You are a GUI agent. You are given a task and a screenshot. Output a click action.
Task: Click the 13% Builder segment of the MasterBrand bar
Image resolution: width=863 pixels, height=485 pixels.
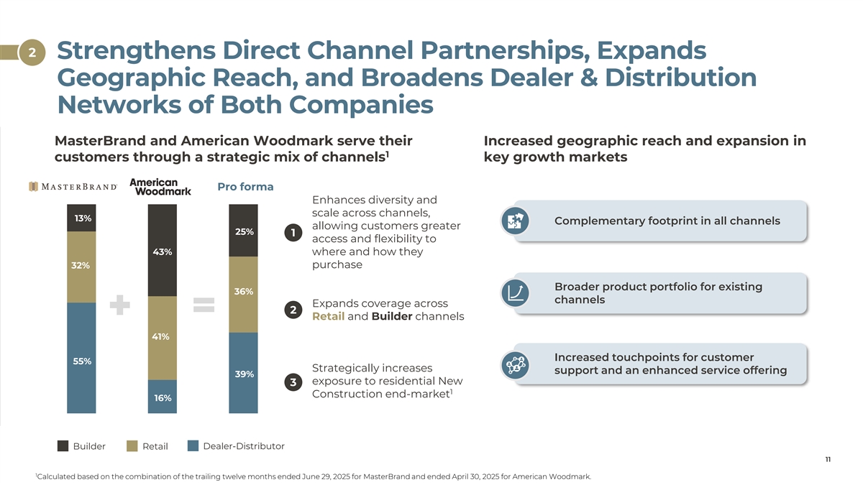point(81,218)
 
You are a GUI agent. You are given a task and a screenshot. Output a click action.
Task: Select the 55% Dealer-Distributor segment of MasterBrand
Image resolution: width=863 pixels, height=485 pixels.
point(81,358)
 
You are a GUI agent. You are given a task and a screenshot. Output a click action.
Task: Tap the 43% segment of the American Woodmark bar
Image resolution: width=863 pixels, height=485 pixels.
point(163,250)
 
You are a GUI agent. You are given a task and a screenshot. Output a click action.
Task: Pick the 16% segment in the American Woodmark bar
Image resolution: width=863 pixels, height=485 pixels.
point(163,397)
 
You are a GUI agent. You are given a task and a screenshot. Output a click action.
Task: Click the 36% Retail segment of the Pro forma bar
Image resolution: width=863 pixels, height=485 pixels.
point(243,295)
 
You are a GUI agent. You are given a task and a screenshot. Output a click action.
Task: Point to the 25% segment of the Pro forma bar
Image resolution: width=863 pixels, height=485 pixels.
point(243,231)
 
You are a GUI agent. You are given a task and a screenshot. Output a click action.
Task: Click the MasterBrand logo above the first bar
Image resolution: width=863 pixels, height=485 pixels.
point(73,187)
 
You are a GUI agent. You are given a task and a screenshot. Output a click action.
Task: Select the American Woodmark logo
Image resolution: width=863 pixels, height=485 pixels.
point(160,187)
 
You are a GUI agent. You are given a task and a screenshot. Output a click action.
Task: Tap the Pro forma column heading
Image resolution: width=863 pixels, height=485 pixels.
point(245,187)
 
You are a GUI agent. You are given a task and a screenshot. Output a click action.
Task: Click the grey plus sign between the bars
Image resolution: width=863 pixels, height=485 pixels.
point(120,305)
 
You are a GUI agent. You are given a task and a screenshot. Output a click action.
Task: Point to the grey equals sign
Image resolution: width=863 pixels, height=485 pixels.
point(204,305)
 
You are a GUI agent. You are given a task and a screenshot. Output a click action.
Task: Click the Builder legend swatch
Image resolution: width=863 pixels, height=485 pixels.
point(63,446)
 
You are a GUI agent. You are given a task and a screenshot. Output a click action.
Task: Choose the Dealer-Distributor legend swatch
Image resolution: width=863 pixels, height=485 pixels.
point(193,446)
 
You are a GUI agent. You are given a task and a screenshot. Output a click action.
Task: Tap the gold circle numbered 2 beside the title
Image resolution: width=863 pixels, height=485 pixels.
point(32,52)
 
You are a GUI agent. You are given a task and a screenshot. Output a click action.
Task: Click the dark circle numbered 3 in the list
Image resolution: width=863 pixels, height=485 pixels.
point(293,382)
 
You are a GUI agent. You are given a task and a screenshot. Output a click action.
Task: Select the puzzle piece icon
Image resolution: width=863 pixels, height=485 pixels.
point(515,221)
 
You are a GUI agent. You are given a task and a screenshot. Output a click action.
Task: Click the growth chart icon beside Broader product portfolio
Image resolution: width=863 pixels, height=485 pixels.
point(515,293)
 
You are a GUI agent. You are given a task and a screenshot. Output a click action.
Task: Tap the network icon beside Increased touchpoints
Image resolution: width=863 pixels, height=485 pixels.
point(515,365)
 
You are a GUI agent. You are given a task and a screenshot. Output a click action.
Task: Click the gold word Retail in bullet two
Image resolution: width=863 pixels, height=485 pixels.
point(328,316)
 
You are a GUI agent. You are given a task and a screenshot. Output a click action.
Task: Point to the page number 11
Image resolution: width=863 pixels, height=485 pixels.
point(828,460)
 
